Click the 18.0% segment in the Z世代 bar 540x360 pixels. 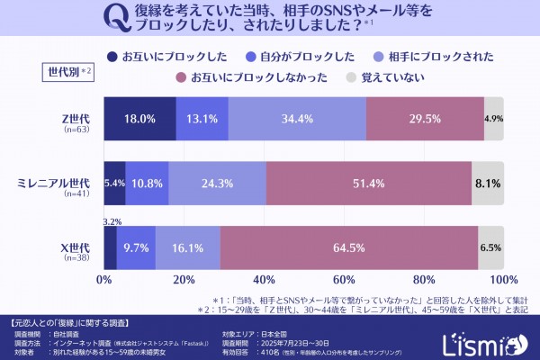click(139, 119)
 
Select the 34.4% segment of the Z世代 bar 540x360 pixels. click(297, 119)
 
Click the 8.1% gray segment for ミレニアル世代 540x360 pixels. click(488, 183)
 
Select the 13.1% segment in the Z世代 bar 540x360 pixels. click(202, 119)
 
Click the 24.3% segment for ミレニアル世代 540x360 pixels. click(217, 183)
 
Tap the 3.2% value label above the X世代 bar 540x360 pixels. click(112, 220)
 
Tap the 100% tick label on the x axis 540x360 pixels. click(504, 280)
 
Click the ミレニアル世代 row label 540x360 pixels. click(55, 183)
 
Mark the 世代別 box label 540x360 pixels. click(68, 70)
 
